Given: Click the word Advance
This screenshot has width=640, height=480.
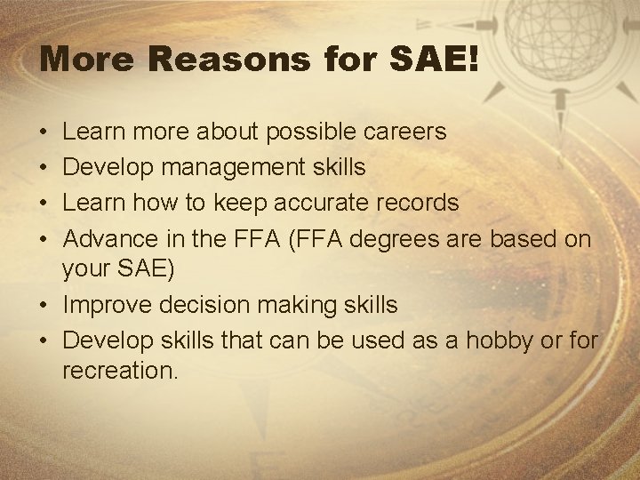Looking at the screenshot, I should [112, 236].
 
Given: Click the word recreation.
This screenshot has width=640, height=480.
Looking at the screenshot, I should [120, 372].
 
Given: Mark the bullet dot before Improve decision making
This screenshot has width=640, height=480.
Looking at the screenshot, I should [45, 306].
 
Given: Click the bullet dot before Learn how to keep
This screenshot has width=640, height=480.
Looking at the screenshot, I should [45, 203].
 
